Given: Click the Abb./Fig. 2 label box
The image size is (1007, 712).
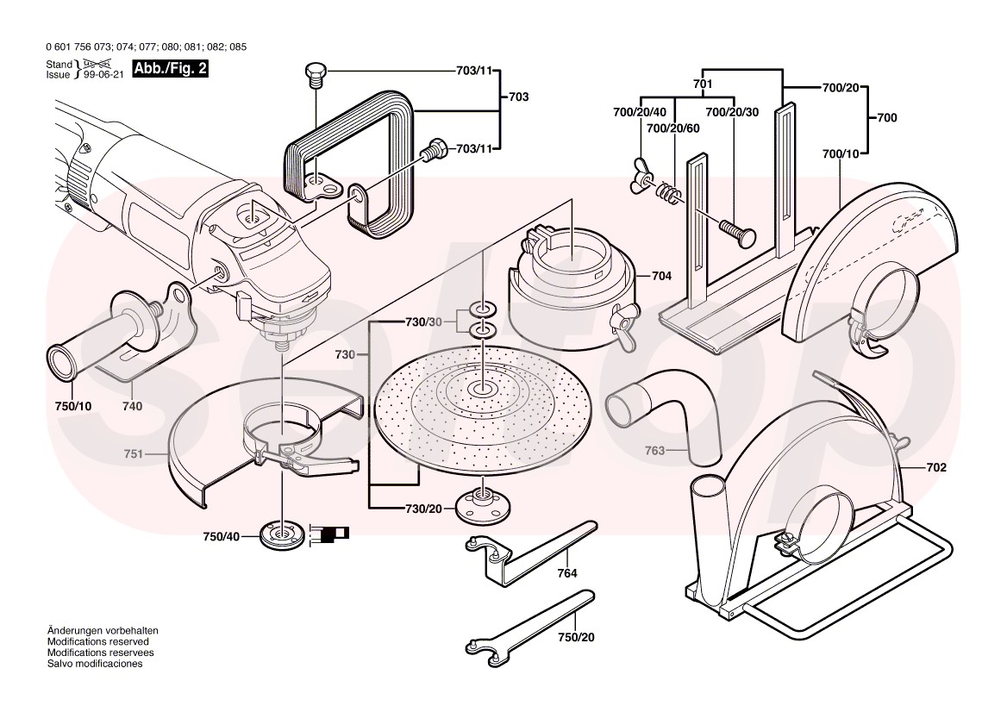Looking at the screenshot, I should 170,69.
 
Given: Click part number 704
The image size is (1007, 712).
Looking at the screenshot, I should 661,277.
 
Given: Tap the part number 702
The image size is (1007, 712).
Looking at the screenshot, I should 936,468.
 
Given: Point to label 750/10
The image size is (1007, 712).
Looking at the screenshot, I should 73,406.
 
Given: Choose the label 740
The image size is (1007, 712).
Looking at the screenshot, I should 132,406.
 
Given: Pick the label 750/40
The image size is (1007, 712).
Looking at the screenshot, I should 221,537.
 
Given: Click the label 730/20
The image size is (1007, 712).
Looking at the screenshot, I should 422,509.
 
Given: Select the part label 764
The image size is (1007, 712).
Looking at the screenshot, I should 566,572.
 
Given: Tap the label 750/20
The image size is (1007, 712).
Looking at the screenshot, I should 576,637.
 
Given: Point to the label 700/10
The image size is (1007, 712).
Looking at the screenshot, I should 841,154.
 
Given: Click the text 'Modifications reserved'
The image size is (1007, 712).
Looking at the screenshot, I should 97,642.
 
